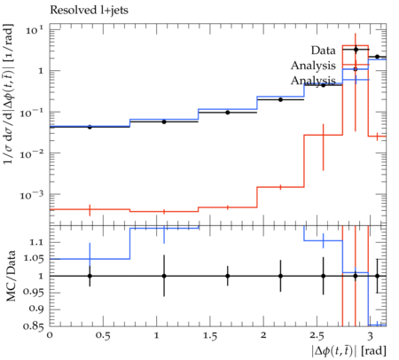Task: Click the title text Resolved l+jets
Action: point(89,11)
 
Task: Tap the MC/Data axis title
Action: point(11,276)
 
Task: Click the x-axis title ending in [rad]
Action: point(348,351)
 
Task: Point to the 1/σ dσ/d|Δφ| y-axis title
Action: point(8,94)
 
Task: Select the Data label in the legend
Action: point(323,51)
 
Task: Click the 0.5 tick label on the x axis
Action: point(103,336)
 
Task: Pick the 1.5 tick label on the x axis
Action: point(209,336)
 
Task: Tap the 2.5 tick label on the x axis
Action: point(317,336)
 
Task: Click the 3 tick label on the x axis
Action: point(370,336)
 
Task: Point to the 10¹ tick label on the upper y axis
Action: point(34,29)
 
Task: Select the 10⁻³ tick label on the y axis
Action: point(31,195)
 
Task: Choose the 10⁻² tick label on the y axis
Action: point(31,153)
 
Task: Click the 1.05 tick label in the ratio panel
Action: point(34,259)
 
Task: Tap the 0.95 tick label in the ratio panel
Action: point(34,293)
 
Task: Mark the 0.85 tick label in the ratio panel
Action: point(34,326)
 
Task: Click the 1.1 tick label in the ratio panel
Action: point(37,242)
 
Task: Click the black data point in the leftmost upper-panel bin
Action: point(90,127)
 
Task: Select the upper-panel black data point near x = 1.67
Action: point(228,113)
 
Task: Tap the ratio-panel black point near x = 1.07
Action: point(164,276)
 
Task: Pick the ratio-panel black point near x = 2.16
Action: point(280,276)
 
